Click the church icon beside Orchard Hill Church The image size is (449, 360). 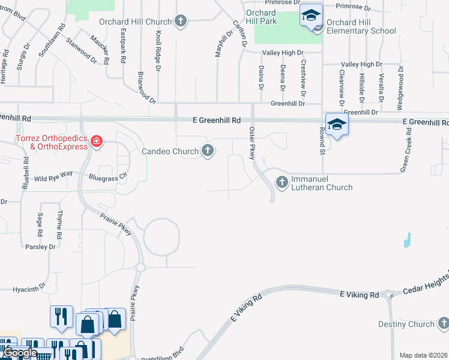180,22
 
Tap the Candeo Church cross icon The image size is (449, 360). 208,151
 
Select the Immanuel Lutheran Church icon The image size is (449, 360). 282,181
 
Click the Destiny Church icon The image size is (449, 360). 444,324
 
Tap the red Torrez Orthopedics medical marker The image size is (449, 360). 96,142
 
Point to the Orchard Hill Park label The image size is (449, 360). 261,17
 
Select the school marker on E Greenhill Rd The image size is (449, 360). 337,125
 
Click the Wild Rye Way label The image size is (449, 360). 53,178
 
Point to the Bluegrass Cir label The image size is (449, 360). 108,178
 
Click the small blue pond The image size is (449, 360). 407,240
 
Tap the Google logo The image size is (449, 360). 20,353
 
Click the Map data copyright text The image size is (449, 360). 423,355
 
